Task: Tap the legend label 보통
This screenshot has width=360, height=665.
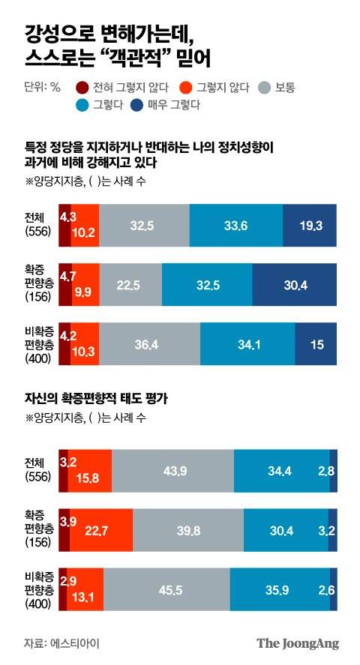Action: [x=284, y=87]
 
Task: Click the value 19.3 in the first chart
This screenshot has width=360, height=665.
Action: [x=309, y=224]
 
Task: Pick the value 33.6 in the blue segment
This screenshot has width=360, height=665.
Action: [x=235, y=224]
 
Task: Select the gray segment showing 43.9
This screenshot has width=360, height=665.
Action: [x=172, y=471]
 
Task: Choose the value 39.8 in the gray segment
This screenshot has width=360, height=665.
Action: [x=187, y=532]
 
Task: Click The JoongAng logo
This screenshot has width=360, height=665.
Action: [x=297, y=643]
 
